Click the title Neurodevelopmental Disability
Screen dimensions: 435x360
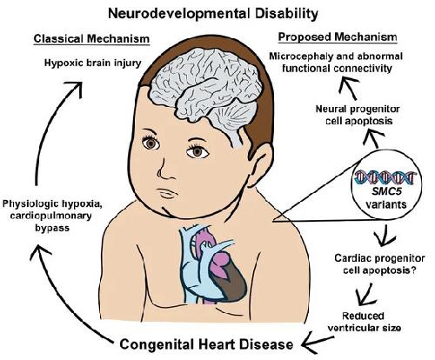pos(213,13)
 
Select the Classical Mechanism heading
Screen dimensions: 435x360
pos(91,38)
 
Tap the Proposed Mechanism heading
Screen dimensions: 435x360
pos(338,37)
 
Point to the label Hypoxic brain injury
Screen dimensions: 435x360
pos(93,63)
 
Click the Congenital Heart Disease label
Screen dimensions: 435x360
pos(206,344)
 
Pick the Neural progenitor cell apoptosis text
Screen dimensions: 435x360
pos(358,115)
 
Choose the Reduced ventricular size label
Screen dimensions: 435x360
pos(364,322)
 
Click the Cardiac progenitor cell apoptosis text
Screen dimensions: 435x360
pos(379,264)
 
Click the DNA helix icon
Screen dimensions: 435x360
pos(385,177)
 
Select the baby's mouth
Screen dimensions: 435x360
pos(166,192)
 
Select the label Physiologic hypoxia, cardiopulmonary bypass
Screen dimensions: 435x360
pos(52,216)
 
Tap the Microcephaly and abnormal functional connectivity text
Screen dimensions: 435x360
pos(336,62)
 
